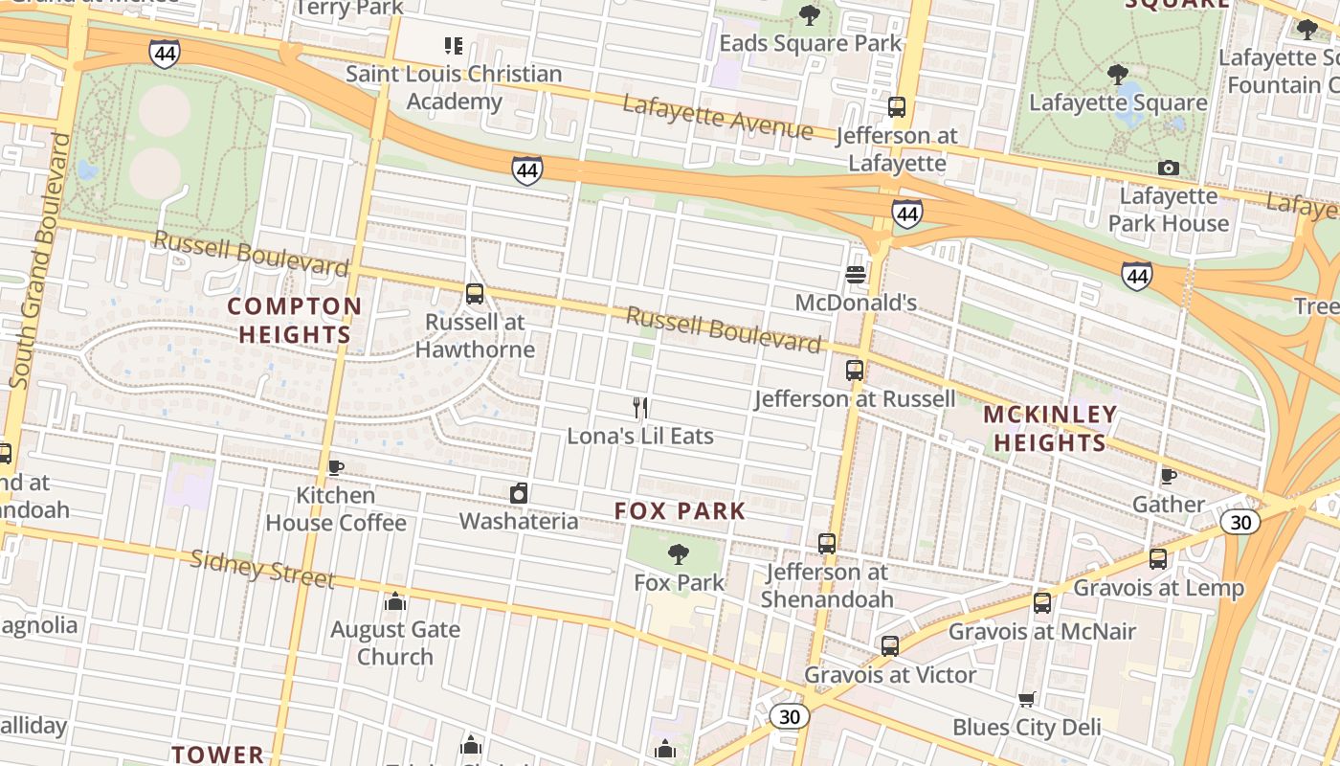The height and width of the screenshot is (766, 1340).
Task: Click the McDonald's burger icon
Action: pyautogui.click(x=856, y=275)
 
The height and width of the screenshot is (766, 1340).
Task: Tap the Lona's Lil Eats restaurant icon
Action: pyautogui.click(x=641, y=408)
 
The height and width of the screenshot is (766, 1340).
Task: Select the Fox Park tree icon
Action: pyautogui.click(x=679, y=553)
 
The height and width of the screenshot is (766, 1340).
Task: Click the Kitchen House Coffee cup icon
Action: pyautogui.click(x=335, y=467)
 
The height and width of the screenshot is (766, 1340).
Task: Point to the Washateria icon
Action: pyautogui.click(x=519, y=493)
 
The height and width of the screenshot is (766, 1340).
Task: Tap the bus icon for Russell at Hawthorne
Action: pyautogui.click(x=475, y=294)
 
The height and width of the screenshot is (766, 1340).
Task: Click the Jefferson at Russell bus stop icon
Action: pyautogui.click(x=855, y=370)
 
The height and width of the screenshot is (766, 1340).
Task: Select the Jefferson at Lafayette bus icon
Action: pyautogui.click(x=897, y=107)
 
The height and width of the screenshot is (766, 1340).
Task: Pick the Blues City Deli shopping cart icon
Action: pyautogui.click(x=1027, y=699)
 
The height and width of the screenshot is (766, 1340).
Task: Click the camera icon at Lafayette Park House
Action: pyautogui.click(x=1168, y=169)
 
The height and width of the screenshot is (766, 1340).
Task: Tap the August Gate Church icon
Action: pyautogui.click(x=395, y=601)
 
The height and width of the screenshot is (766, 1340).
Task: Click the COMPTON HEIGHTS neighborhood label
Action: pyautogui.click(x=295, y=320)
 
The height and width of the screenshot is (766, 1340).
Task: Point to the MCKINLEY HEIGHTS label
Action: pyautogui.click(x=1050, y=428)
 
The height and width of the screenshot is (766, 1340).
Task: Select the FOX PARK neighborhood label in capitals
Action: pyautogui.click(x=680, y=510)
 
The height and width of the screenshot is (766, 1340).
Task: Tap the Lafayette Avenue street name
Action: pyautogui.click(x=718, y=117)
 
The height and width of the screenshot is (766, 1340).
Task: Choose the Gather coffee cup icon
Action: pyautogui.click(x=1168, y=476)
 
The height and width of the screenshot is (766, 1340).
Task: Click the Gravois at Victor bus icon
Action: pyautogui.click(x=890, y=646)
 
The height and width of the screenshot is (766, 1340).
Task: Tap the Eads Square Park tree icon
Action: pyautogui.click(x=810, y=15)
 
